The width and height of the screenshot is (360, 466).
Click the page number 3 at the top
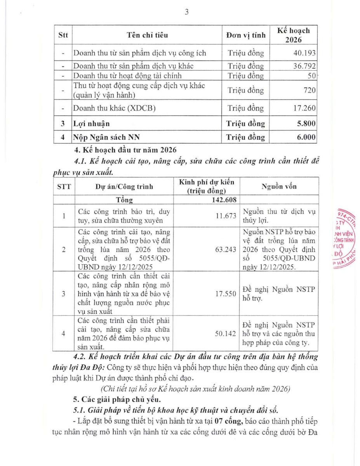pos(186,12)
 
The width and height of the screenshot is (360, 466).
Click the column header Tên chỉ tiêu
pos(147,35)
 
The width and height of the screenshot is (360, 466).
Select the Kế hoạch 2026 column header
pos(294,35)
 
